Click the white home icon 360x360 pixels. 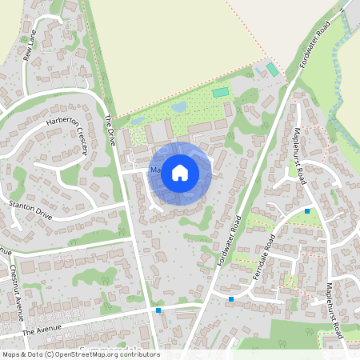click(x=180, y=171)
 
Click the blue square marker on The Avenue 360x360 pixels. click(x=159, y=310)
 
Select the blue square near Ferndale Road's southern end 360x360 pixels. click(x=231, y=299)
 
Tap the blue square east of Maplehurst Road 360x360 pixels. click(x=307, y=211)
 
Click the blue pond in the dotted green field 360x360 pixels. click(x=180, y=106)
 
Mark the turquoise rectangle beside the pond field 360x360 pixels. click(x=220, y=93)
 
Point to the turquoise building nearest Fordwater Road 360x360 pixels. click(x=273, y=70)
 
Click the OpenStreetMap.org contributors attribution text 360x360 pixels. click(x=104, y=354)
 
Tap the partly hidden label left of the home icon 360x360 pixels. click(x=153, y=170)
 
